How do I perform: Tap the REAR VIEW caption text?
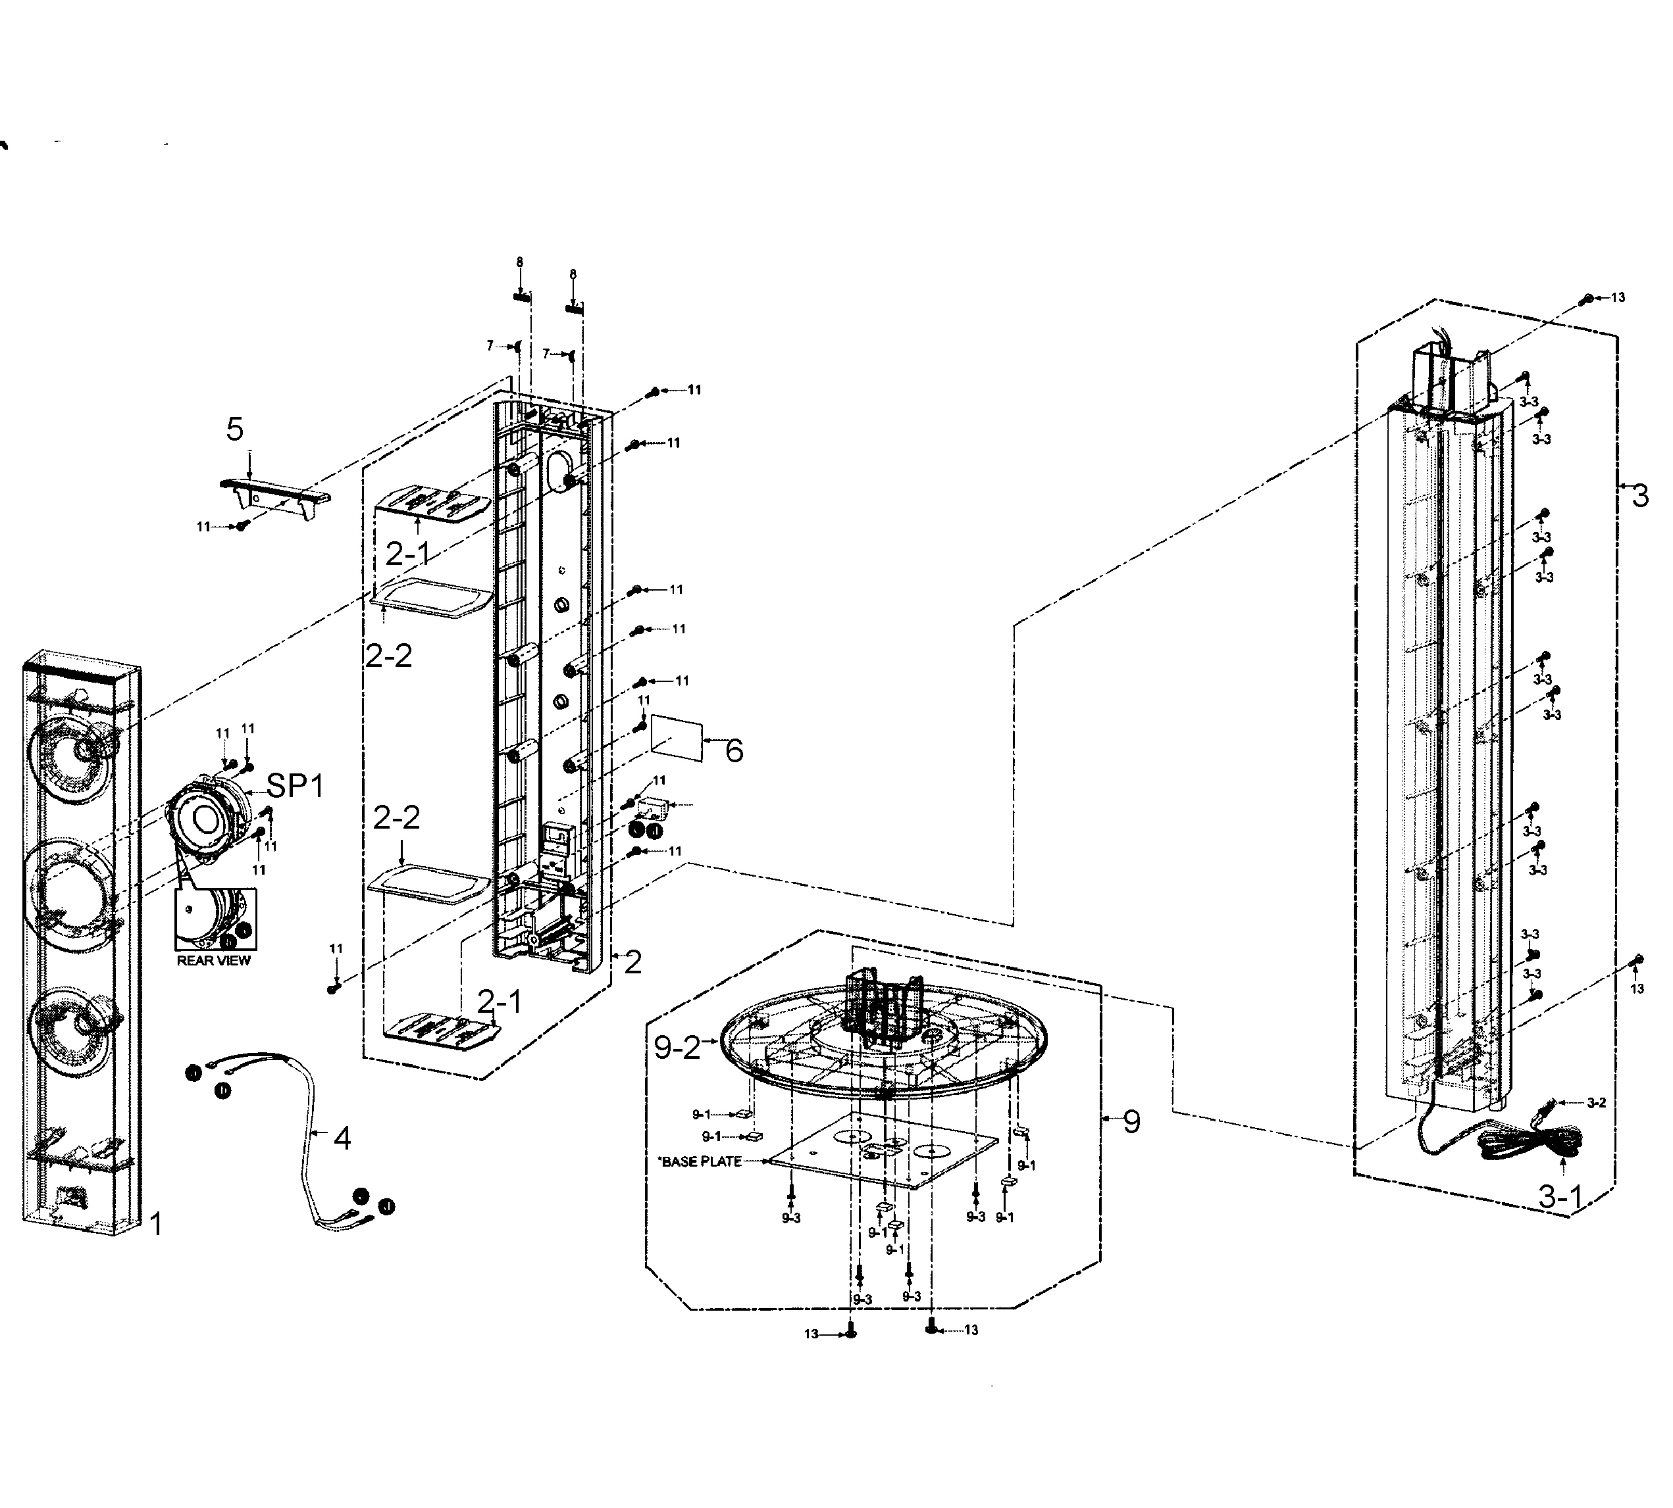[213, 961]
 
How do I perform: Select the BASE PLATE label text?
[700, 1161]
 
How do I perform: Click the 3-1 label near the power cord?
[1560, 1196]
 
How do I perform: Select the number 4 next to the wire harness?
[342, 1138]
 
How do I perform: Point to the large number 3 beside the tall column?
[1640, 495]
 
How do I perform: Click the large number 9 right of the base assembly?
[1131, 1122]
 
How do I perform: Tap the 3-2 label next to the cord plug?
[1596, 1103]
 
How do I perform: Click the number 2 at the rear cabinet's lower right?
[632, 962]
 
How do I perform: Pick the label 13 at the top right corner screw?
[1618, 297]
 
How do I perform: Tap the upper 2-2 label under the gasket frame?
[389, 656]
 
